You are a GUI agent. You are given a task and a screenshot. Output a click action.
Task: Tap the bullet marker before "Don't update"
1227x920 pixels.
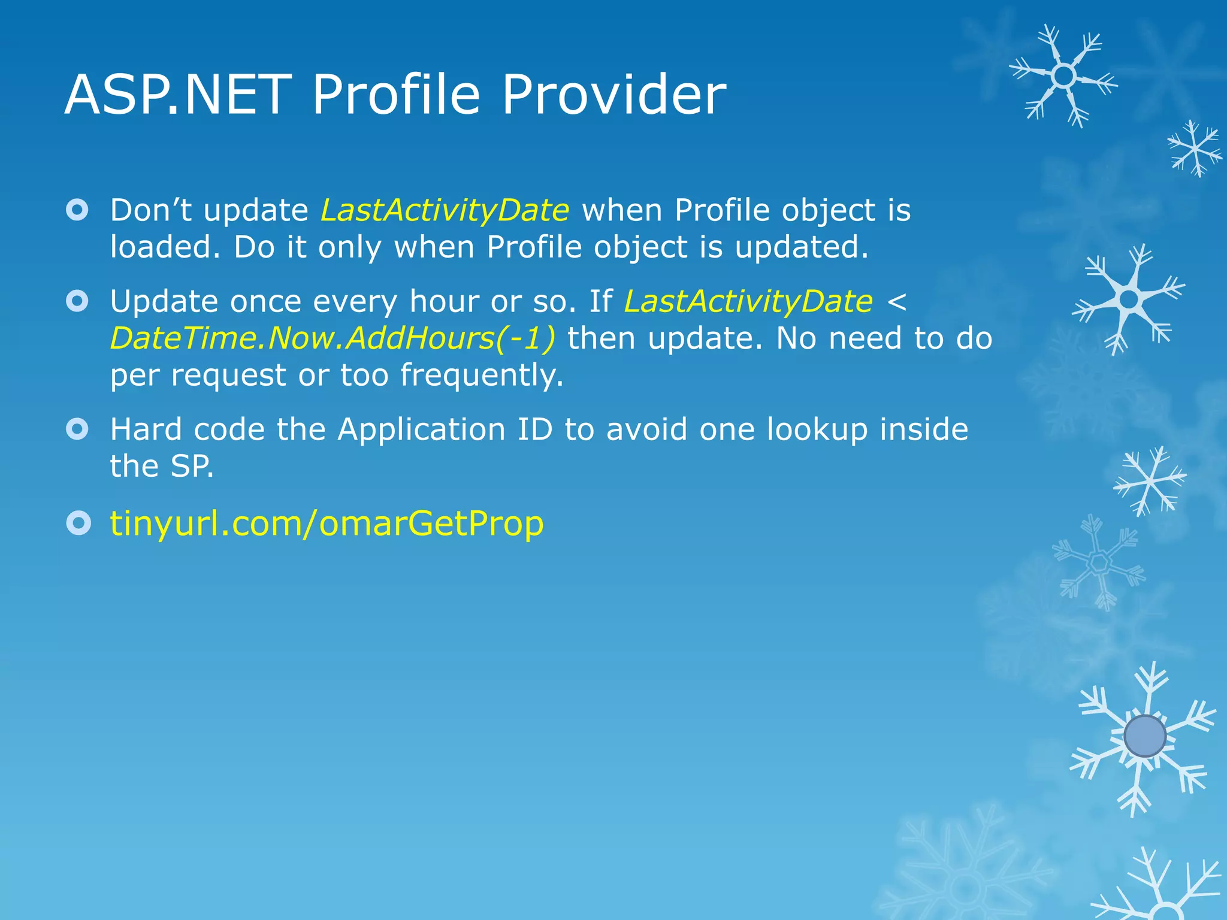(x=78, y=210)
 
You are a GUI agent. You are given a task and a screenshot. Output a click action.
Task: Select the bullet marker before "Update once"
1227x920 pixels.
(x=78, y=301)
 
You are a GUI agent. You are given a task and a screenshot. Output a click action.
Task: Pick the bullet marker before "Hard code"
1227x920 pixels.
(x=78, y=429)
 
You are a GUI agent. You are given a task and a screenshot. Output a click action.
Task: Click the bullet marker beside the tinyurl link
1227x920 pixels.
(x=78, y=523)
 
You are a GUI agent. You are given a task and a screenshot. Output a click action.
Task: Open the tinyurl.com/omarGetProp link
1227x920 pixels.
(x=327, y=523)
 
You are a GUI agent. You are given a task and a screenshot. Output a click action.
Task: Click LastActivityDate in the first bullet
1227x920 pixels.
(x=445, y=210)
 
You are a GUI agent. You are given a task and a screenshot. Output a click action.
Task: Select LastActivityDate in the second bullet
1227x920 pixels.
(x=748, y=301)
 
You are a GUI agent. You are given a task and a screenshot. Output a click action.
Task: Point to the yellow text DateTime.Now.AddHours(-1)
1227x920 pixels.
(x=333, y=338)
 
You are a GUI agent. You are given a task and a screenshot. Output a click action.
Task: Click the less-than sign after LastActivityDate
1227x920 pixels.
(x=896, y=301)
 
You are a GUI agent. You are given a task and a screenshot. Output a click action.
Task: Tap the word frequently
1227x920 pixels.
(x=482, y=376)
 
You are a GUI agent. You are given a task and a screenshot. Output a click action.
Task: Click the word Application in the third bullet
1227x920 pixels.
(x=421, y=429)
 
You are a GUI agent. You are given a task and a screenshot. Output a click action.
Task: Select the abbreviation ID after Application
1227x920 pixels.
(x=534, y=429)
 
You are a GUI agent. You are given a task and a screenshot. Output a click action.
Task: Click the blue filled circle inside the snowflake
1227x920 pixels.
(x=1145, y=736)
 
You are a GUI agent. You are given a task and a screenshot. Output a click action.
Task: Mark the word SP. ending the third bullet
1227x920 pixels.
(x=192, y=466)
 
